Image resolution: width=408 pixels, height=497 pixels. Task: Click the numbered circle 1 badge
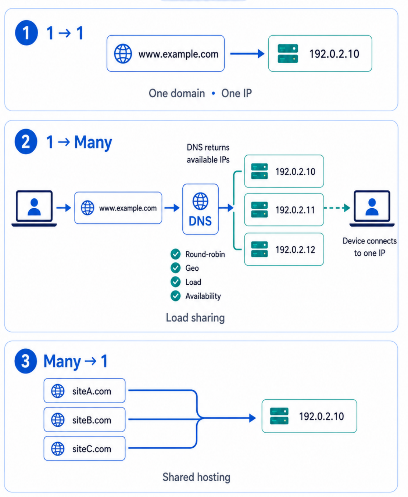tap(26, 33)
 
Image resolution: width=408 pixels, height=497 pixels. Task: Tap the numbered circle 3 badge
tap(26, 361)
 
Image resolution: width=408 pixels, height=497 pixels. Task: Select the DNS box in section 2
tap(200, 209)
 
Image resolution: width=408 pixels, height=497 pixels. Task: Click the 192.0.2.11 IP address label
tap(295, 210)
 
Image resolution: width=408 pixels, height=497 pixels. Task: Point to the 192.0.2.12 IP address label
tap(295, 249)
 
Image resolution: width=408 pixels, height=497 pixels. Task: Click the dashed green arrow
tap(337, 208)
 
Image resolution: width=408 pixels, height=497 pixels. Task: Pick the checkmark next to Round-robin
tap(175, 254)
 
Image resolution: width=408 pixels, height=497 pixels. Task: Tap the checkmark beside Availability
tap(175, 296)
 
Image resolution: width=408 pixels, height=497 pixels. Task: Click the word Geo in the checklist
tap(192, 268)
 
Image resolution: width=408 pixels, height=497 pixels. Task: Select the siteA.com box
tap(85, 391)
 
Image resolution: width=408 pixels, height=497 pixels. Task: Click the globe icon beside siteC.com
tap(58, 449)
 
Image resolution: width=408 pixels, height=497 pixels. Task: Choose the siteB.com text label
tap(92, 420)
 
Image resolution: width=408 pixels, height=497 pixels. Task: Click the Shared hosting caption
tap(196, 477)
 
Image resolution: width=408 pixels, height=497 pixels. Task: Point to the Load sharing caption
tap(195, 318)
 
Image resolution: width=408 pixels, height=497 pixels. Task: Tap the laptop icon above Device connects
tap(372, 208)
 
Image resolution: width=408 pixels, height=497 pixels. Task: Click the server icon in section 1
tap(288, 54)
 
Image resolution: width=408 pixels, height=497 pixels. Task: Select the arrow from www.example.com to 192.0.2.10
tap(247, 54)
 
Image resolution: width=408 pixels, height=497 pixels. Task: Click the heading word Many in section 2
tap(93, 143)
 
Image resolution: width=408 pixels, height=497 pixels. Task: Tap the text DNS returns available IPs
tap(208, 154)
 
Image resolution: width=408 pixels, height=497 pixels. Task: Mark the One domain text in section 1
tap(177, 93)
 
